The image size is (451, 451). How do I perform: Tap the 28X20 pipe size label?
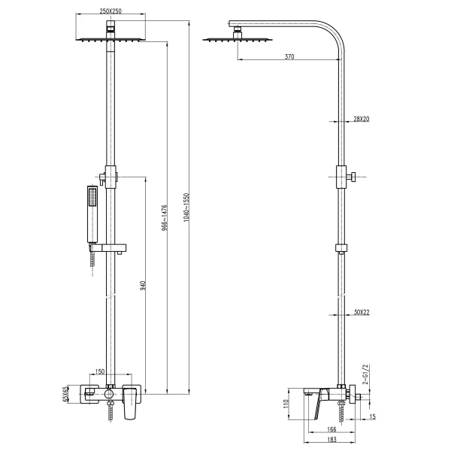coord(362,119)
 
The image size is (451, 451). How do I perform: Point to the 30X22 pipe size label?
coord(362,312)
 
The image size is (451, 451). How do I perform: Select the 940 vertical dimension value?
coord(142,285)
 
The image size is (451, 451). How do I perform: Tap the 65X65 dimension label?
coord(66,394)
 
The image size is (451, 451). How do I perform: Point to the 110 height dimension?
coord(285,404)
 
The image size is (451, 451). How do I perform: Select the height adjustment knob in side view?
coord(352,177)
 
